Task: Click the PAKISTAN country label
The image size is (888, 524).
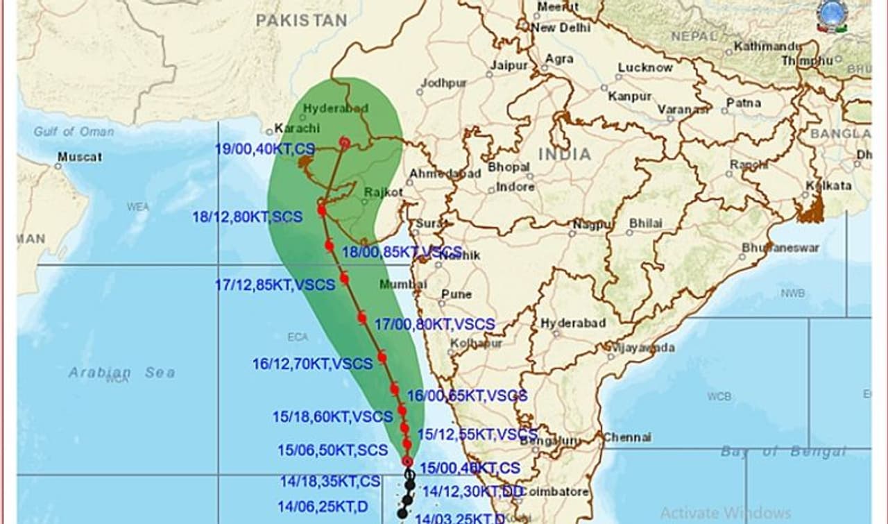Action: click(301, 21)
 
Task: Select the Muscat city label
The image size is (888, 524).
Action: click(79, 157)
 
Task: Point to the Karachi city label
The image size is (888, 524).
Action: click(297, 128)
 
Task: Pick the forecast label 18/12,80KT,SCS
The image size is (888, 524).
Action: click(247, 217)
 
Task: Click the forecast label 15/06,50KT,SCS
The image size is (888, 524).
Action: click(332, 450)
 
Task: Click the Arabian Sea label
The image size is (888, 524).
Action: click(121, 373)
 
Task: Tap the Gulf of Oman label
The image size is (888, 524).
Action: click(74, 131)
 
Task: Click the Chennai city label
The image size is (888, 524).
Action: click(626, 437)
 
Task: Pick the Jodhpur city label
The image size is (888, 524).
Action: click(444, 83)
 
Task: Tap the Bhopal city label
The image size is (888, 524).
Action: click(509, 167)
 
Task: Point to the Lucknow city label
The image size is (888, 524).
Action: click(645, 67)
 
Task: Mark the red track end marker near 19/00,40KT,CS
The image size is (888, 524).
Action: click(344, 142)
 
